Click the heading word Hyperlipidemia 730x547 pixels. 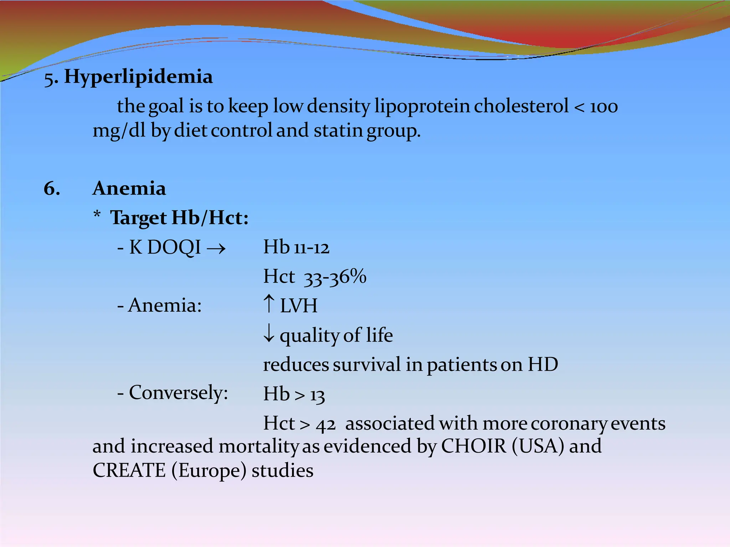(x=138, y=77)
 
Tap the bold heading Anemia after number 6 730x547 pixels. (x=129, y=188)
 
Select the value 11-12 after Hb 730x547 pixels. (x=312, y=248)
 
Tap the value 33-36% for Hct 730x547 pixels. (x=335, y=277)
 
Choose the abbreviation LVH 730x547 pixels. (x=299, y=306)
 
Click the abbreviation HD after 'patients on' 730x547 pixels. (x=543, y=365)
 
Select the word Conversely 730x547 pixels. (x=178, y=393)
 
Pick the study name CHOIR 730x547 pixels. (x=473, y=446)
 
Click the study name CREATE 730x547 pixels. (x=129, y=470)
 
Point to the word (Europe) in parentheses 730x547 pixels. (x=209, y=471)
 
